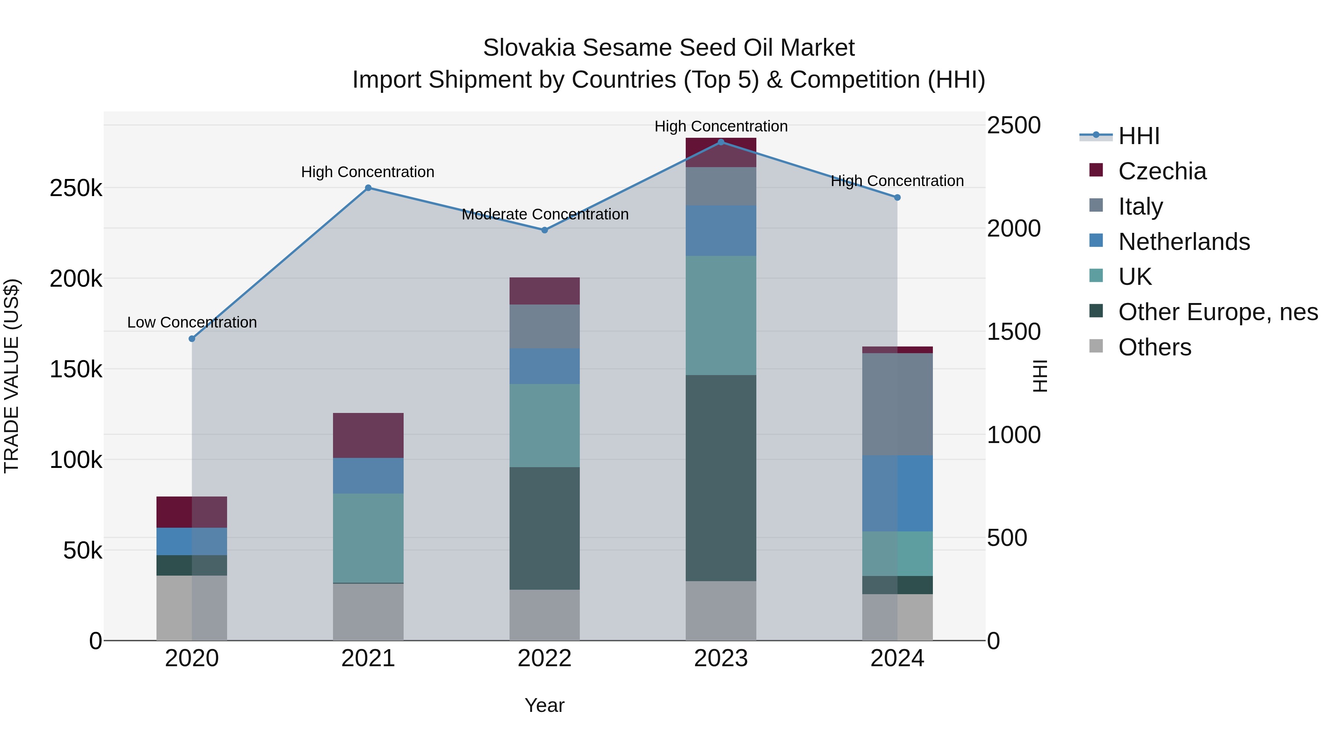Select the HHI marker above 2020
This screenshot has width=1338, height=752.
(192, 338)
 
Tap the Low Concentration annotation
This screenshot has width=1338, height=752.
(192, 322)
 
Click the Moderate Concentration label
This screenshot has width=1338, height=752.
(545, 214)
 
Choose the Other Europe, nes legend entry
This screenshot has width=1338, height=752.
(1218, 312)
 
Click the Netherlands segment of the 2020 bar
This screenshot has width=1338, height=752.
(192, 541)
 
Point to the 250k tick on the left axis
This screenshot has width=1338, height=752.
(76, 188)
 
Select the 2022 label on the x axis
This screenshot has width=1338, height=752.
(544, 658)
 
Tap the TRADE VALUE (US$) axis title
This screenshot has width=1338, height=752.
(12, 376)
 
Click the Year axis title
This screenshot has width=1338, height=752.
(544, 705)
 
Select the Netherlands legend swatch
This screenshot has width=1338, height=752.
(1096, 241)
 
